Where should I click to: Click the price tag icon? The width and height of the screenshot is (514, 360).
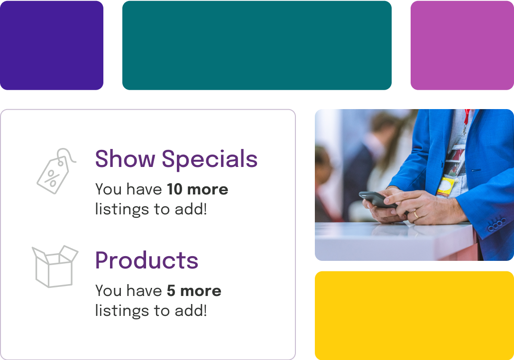(x=54, y=171)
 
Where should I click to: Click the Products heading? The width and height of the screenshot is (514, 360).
(x=147, y=260)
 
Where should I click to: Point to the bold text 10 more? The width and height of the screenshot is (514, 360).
(x=197, y=189)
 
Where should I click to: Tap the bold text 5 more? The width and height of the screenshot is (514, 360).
(x=194, y=291)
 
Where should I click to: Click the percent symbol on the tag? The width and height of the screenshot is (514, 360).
(x=52, y=179)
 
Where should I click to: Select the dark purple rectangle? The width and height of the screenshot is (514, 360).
(x=51, y=45)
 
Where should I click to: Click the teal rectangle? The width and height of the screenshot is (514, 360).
(x=257, y=45)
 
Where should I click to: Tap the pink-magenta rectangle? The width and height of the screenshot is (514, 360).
(x=462, y=45)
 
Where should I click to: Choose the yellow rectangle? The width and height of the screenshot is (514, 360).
(x=414, y=315)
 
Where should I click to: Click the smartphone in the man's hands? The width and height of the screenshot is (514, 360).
(x=377, y=199)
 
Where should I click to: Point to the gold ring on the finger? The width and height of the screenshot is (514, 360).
(x=416, y=215)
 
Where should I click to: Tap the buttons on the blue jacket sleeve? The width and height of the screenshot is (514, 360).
(x=497, y=226)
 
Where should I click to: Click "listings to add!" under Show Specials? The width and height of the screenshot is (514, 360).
(x=151, y=209)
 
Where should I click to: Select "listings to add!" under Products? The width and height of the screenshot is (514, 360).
(x=151, y=311)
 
